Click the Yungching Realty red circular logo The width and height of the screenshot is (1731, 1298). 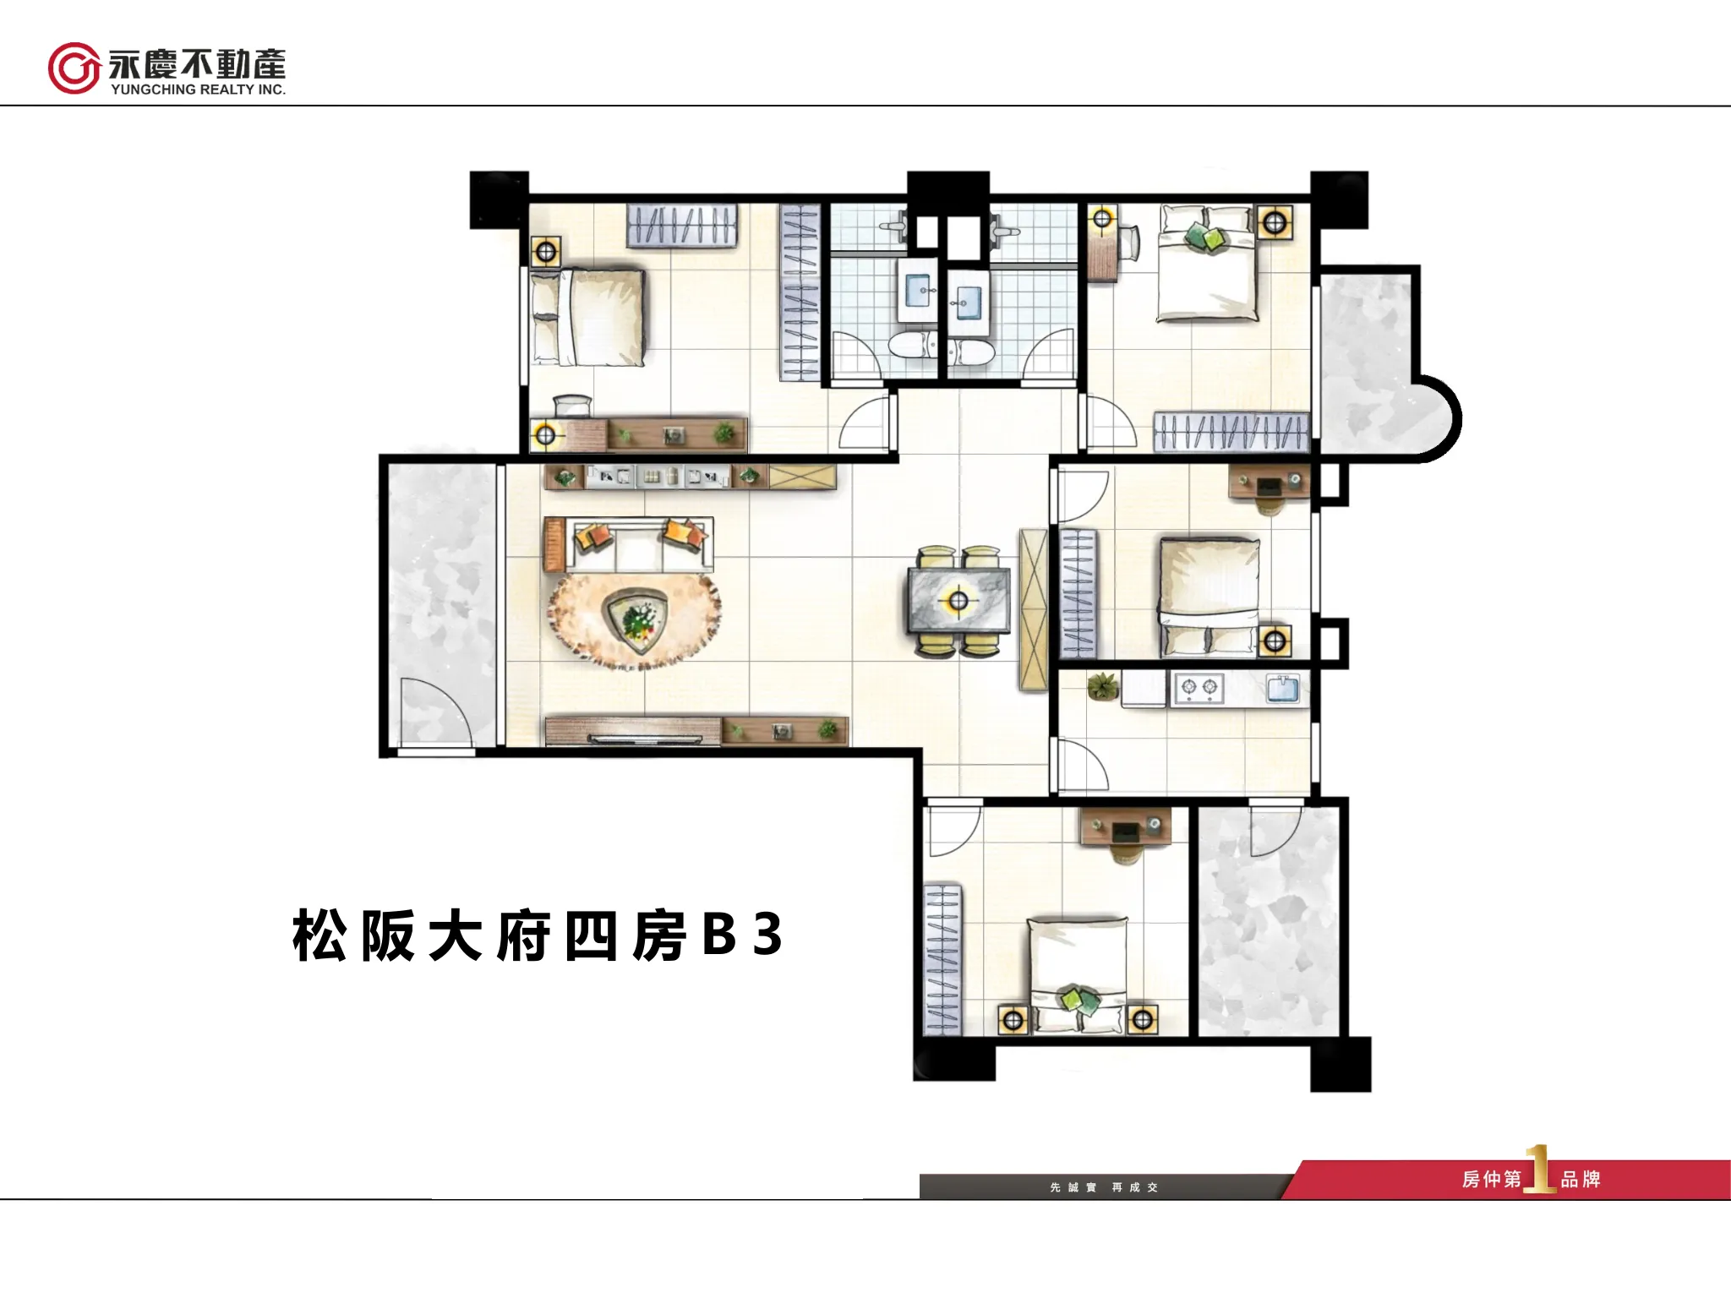pyautogui.click(x=74, y=68)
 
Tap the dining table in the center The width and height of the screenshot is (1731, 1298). pyautogui.click(x=958, y=601)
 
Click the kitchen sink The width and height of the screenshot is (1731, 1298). pyautogui.click(x=1284, y=688)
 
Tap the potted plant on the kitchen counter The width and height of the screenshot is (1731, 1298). pyautogui.click(x=1102, y=686)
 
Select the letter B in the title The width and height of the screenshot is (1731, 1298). pyautogui.click(x=718, y=935)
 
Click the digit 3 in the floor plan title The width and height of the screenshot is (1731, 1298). pyautogui.click(x=767, y=935)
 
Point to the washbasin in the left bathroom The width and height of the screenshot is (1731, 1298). pyautogui.click(x=918, y=292)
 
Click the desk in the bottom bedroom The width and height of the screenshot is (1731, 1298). pyautogui.click(x=1125, y=826)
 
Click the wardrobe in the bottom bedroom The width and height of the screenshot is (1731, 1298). pyautogui.click(x=942, y=959)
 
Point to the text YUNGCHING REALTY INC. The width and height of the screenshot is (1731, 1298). pyautogui.click(x=198, y=90)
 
